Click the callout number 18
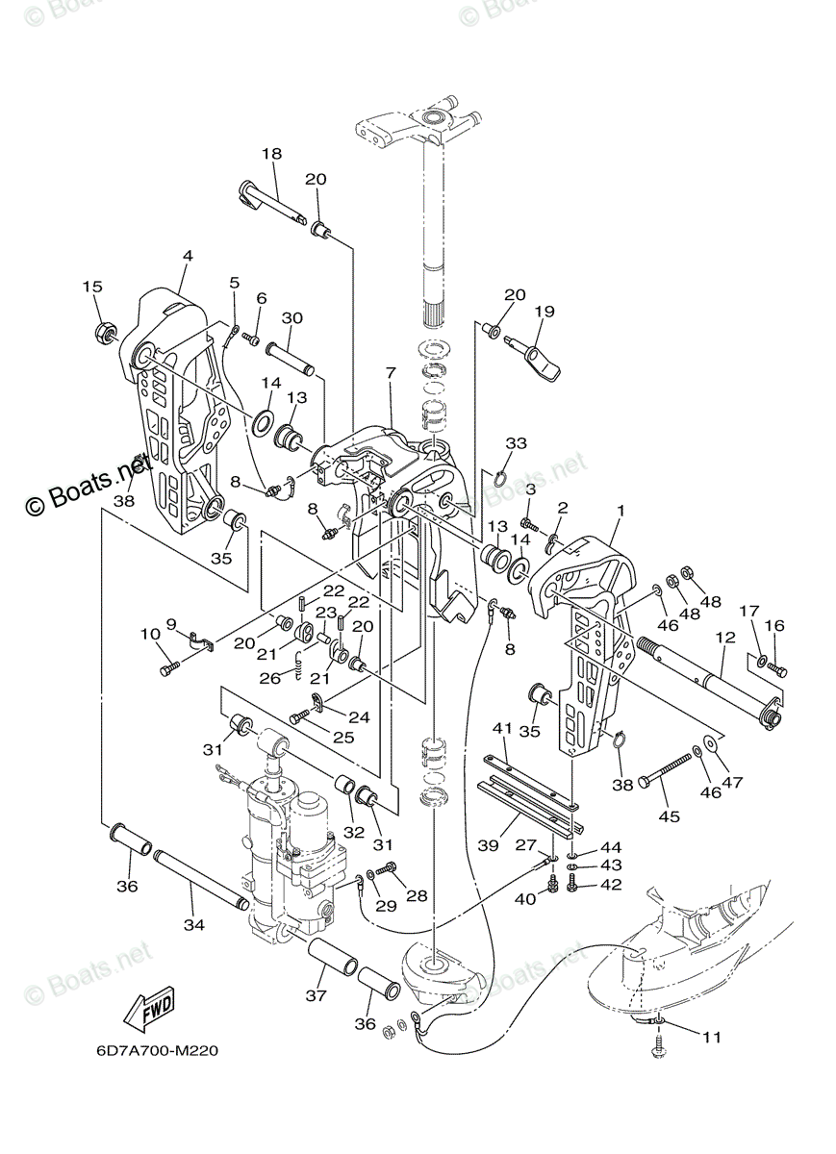[271, 154]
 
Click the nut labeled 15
[105, 334]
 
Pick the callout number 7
[390, 371]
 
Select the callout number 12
[724, 637]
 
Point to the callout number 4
[188, 256]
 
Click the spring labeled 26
[298, 658]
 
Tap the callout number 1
[621, 511]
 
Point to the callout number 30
[292, 318]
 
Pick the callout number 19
[545, 311]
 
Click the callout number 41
[500, 728]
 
